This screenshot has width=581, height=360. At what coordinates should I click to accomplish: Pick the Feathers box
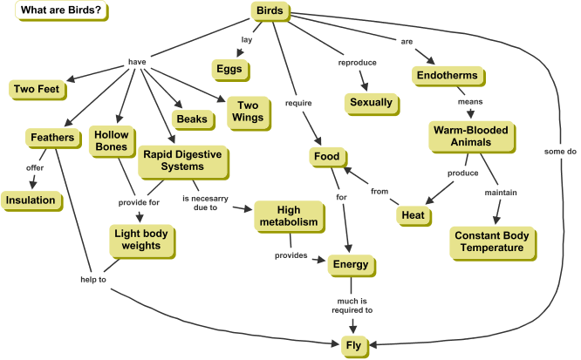coord(51,138)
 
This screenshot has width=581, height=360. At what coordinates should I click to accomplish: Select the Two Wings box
coord(247,111)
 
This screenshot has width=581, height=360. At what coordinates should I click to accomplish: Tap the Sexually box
coord(373,103)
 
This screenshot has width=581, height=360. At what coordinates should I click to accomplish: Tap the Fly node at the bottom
coord(352,345)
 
